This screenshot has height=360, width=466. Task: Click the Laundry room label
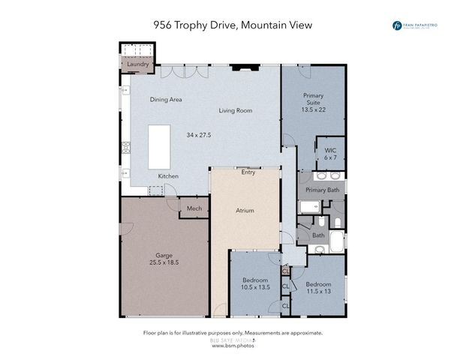[137, 64]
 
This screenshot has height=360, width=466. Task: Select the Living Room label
[235, 111]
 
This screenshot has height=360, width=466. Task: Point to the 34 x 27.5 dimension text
[199, 135]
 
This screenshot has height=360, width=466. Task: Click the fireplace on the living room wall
[242, 67]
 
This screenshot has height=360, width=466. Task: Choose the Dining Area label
[166, 99]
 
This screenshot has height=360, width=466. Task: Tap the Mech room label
[194, 208]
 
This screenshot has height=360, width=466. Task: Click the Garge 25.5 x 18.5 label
[163, 259]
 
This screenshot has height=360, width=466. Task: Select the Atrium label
[245, 211]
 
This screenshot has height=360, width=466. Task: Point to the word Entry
[248, 172]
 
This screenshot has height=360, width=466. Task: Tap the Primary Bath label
[323, 190]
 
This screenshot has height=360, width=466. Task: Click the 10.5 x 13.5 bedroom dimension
[255, 287]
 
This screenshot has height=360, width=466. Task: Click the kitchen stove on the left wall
[126, 146]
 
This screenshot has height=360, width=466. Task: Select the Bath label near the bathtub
[318, 235]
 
